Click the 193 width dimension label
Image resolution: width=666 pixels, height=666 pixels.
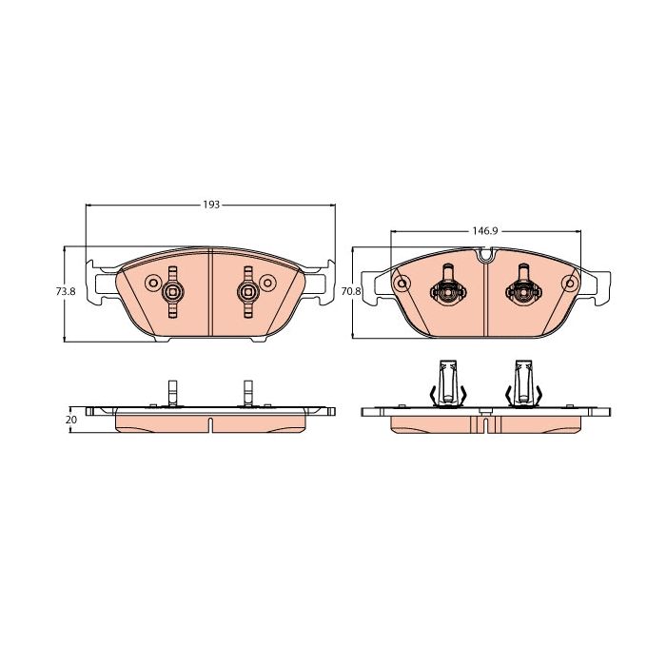(211, 205)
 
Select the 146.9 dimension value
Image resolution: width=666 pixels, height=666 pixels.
(484, 231)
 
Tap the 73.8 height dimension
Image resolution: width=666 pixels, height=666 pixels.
(66, 292)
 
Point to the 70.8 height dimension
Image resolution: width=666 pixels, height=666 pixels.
(351, 292)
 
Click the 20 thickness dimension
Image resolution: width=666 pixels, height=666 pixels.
(71, 420)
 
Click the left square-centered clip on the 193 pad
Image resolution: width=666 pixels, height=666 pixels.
(172, 292)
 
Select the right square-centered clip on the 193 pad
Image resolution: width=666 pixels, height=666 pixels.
(247, 292)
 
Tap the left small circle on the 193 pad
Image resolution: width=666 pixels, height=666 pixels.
(152, 283)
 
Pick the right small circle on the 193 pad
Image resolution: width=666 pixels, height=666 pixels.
(267, 283)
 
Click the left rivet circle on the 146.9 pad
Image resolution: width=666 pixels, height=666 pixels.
(402, 284)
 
